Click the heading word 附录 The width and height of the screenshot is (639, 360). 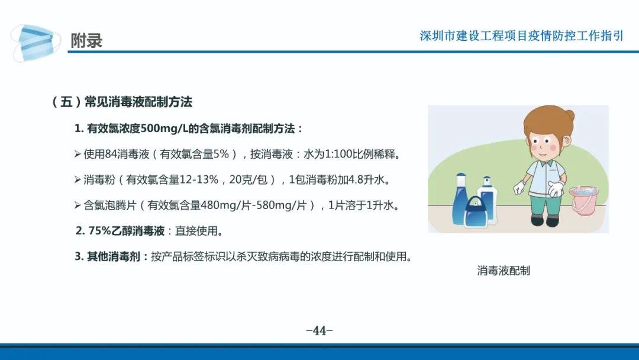[86, 40]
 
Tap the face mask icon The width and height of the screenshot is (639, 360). [33, 43]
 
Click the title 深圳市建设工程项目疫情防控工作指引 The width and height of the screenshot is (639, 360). [521, 36]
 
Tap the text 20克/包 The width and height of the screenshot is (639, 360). [248, 179]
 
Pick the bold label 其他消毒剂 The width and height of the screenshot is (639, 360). [113, 256]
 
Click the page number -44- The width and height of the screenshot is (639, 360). [319, 330]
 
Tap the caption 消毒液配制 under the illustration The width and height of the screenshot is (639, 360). [504, 271]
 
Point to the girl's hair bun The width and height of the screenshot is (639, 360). [569, 115]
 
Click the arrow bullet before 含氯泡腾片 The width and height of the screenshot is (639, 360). [78, 205]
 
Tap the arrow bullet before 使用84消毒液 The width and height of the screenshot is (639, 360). [78, 154]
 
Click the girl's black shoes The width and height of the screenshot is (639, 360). [545, 221]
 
